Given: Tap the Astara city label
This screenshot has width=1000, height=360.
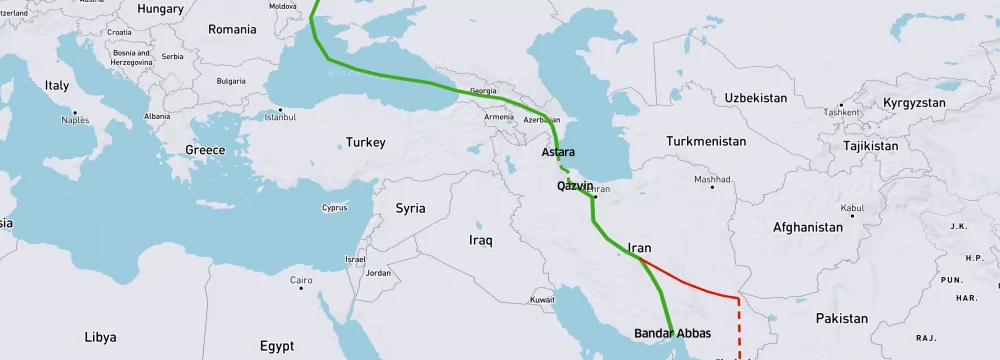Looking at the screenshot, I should click(557, 153).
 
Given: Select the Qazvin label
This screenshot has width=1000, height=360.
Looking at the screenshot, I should click(575, 186).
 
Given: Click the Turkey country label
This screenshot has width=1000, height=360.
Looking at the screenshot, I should click(365, 143).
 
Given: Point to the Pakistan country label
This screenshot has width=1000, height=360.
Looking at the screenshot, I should click(841, 318).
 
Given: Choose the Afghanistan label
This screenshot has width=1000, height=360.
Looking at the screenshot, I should click(807, 227).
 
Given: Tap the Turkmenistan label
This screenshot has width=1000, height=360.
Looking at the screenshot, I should click(706, 142).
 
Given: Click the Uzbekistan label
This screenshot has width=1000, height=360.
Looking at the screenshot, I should click(756, 98).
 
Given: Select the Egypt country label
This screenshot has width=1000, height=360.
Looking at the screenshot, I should click(276, 346).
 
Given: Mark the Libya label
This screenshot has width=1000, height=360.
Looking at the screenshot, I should click(100, 337).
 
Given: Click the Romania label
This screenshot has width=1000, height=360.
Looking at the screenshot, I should click(232, 30).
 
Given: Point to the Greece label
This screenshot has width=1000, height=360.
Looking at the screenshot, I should click(205, 150).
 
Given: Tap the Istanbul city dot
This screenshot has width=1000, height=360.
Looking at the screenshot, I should click(281, 109).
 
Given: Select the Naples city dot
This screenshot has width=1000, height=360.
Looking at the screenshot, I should click(74, 112).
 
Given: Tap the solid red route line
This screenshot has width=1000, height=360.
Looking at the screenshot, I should click(690, 281).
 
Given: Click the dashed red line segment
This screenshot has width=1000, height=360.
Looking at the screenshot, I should click(740, 325).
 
